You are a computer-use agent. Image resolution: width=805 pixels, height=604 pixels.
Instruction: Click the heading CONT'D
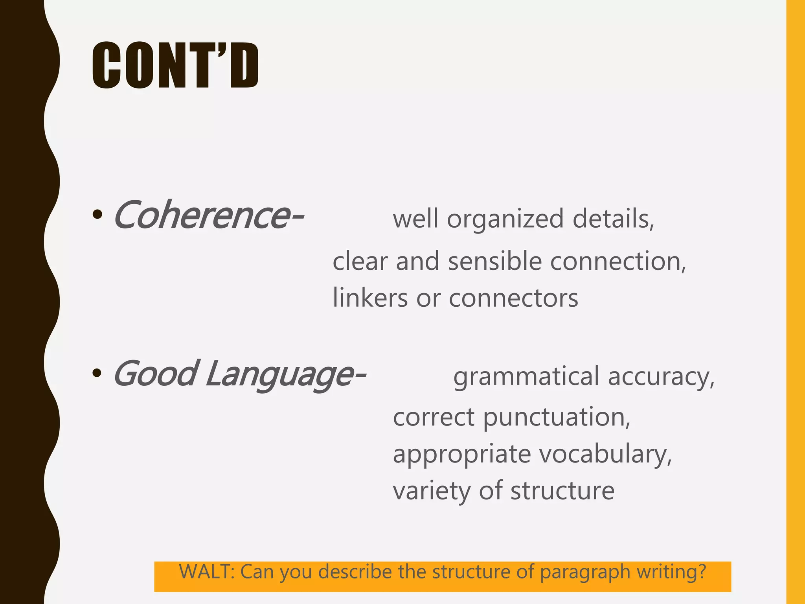(x=175, y=66)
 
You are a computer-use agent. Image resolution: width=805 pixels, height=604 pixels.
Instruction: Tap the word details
(x=613, y=219)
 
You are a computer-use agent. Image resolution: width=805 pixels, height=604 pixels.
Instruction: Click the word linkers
(x=370, y=298)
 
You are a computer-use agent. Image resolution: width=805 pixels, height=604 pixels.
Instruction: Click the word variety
(x=432, y=491)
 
